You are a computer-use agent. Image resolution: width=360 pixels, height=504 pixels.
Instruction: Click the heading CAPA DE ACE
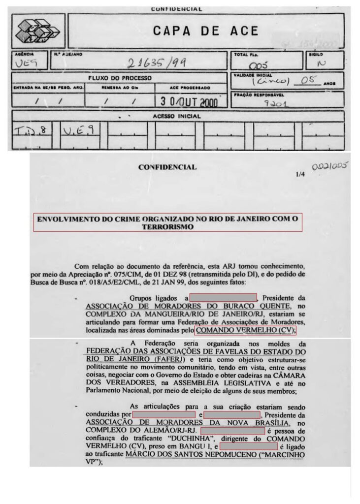[x=205, y=31]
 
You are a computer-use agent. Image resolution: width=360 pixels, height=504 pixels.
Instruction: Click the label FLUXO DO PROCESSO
[x=120, y=78]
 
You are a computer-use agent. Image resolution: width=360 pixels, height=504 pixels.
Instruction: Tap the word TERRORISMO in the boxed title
[x=167, y=227]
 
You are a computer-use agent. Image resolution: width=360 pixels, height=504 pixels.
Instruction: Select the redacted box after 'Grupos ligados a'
[x=223, y=298]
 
